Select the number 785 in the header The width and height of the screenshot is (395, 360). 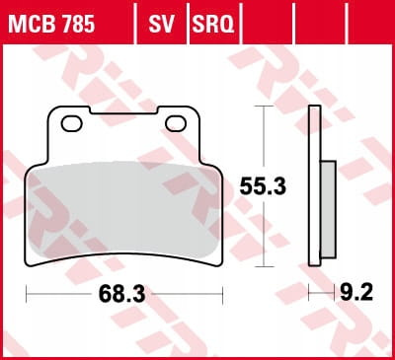click(78, 22)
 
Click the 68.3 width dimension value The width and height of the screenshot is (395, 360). click(124, 294)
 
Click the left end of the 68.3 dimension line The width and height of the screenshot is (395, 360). click(27, 294)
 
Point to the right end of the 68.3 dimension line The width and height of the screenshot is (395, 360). click(223, 294)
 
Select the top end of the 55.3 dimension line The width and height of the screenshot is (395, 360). click(262, 107)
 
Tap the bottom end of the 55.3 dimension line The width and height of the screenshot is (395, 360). click(262, 265)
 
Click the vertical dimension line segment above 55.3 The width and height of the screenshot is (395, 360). click(262, 138)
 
